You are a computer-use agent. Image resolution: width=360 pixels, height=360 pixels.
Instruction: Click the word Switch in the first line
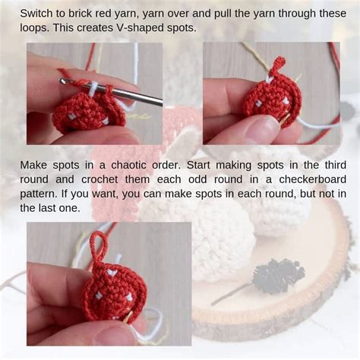click(x=37, y=14)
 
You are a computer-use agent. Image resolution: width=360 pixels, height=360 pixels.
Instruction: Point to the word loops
click(x=34, y=28)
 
